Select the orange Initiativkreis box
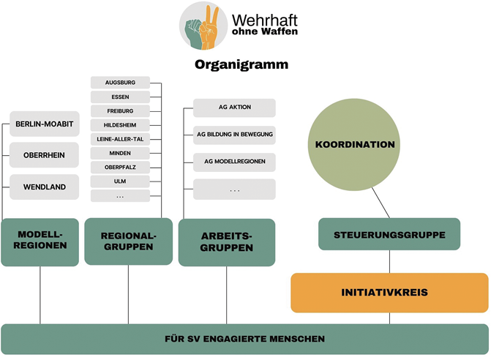coord(389,293)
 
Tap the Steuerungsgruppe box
coord(389,234)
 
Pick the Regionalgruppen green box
coord(129,241)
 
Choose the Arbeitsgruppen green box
coord(227,242)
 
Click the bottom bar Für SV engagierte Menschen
coord(244,339)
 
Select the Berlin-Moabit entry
coord(45,124)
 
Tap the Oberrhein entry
coord(45,155)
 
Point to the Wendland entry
coord(45,187)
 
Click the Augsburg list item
coord(120,83)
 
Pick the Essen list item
coord(120,97)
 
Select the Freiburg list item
coord(120,110)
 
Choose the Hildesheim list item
coord(120,124)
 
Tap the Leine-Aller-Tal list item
coord(120,138)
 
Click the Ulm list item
coord(120,181)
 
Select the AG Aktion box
coord(234,108)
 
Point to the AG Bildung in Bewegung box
coord(234,134)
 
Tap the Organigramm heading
coord(241,64)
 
